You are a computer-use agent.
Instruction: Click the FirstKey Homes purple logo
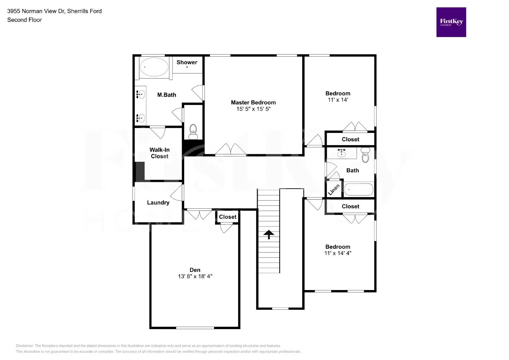pos(451,22)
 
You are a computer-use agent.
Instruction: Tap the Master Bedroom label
pos(253,102)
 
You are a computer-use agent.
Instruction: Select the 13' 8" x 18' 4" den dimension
pos(195,276)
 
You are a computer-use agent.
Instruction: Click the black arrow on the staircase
pos(269,234)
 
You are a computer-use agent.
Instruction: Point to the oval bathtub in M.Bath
pos(154,67)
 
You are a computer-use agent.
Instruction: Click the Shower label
pos(187,62)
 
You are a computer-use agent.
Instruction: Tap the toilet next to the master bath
pos(193,132)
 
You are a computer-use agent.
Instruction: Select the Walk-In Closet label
pos(159,153)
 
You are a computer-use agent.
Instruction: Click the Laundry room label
pos(158,203)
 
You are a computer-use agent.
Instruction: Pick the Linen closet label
pos(334,190)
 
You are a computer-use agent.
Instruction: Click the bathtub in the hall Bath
pos(359,190)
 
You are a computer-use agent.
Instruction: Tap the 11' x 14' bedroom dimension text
pos(338,100)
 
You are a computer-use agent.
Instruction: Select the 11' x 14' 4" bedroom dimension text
pos(338,253)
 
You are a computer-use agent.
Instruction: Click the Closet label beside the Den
pos(227,217)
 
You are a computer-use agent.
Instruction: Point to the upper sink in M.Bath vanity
pos(140,94)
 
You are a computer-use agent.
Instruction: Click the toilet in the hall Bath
pos(366,155)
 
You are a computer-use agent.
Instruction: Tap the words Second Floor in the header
pos(24,20)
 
